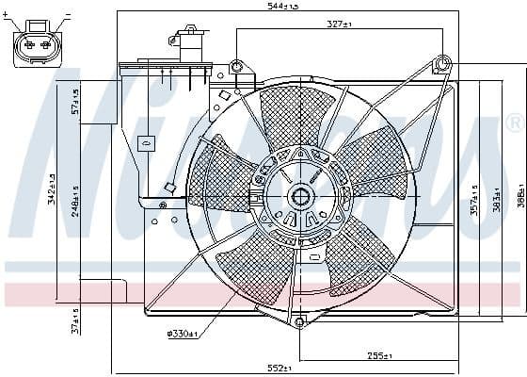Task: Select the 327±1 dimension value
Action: tap(340, 23)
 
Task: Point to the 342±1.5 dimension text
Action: tap(52, 188)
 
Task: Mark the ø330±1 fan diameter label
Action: tap(182, 333)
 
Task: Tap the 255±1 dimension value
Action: tap(378, 356)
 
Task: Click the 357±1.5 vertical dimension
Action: tap(474, 199)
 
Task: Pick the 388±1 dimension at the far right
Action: tap(519, 199)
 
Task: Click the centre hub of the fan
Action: tap(301, 197)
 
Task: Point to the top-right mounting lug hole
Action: tap(443, 64)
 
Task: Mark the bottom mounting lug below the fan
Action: tap(300, 322)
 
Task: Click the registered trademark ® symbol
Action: tap(514, 123)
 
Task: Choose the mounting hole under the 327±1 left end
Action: tap(236, 66)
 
